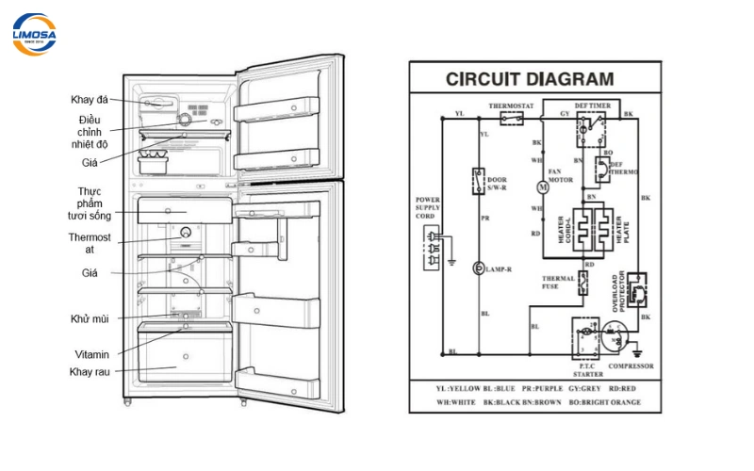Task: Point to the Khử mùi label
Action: [89, 319]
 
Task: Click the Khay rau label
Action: [90, 371]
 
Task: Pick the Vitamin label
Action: [92, 354]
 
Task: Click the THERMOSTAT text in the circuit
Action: [511, 106]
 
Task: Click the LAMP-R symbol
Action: [479, 269]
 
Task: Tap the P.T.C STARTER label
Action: [585, 367]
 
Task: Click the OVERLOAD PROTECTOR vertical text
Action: [616, 291]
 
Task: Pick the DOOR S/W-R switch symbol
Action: [479, 179]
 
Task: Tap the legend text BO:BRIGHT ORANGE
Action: [602, 402]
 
